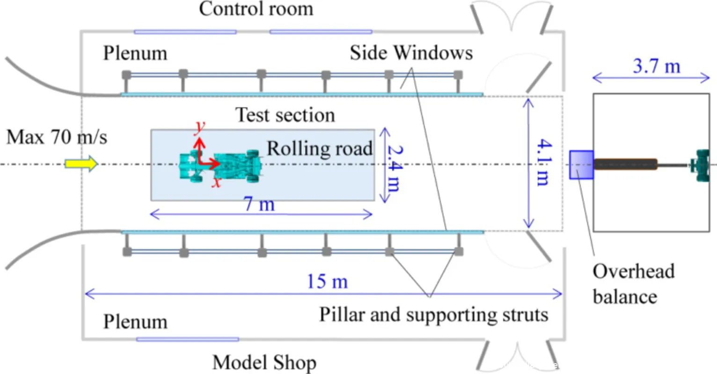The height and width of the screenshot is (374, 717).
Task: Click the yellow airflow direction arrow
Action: [81, 164]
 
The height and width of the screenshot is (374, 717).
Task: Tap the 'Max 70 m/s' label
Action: [57, 137]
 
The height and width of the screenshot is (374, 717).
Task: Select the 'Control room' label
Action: [256, 8]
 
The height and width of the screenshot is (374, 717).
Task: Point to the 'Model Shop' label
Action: [264, 362]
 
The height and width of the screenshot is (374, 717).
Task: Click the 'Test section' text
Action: [285, 115]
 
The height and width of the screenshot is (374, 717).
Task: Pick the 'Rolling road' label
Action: [320, 149]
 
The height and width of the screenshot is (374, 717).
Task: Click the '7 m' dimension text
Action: [259, 204]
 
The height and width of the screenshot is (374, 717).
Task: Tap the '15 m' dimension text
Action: [327, 281]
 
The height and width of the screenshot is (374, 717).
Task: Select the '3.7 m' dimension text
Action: [656, 66]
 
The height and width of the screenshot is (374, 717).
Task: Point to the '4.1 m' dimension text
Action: [542, 162]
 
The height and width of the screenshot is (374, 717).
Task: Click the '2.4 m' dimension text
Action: [394, 168]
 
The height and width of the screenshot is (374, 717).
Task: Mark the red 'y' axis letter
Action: [200, 127]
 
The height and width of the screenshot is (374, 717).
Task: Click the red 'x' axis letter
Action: [216, 181]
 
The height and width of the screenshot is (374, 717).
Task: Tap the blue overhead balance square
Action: [581, 165]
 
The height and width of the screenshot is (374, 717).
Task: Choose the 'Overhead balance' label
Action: [633, 283]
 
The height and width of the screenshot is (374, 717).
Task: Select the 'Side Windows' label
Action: [411, 53]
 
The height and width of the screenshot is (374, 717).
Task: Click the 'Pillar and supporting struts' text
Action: [433, 314]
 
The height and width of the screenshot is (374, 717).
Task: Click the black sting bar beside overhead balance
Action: [626, 164]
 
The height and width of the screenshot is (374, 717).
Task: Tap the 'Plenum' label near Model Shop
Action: [135, 322]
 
